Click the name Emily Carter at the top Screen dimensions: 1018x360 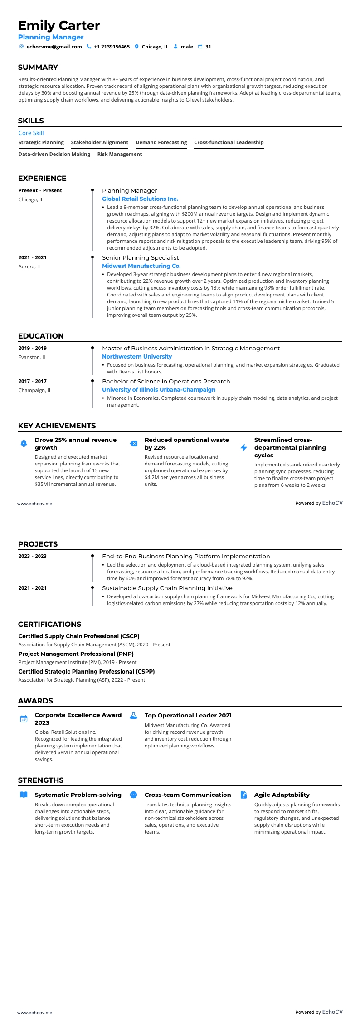pos(59,25)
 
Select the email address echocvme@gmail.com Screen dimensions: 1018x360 pos(54,47)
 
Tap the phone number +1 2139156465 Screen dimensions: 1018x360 pos(112,47)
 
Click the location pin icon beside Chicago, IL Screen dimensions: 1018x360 pos(136,47)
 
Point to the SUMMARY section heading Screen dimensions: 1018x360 pos(38,67)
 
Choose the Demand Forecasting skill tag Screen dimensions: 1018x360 pos(161,142)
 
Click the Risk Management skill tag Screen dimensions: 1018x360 pos(119,154)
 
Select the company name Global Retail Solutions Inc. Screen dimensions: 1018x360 pos(140,199)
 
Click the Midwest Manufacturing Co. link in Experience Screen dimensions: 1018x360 pos(141,266)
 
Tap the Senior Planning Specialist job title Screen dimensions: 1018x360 pos(140,257)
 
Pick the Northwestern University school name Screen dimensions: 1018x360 pos(136,357)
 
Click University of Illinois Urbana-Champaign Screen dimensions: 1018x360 pos(158,390)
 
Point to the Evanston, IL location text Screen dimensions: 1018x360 pos(32,357)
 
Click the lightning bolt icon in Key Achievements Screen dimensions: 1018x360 pos(243,448)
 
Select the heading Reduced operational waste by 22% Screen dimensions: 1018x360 pos(186,444)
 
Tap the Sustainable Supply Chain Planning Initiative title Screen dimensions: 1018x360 pos(167,588)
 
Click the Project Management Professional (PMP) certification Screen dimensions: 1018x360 pos(76,654)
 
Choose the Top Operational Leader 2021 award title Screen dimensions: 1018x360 pos(188,715)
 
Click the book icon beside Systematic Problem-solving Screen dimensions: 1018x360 pos(24,795)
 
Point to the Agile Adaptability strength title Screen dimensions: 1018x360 pos(282,795)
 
